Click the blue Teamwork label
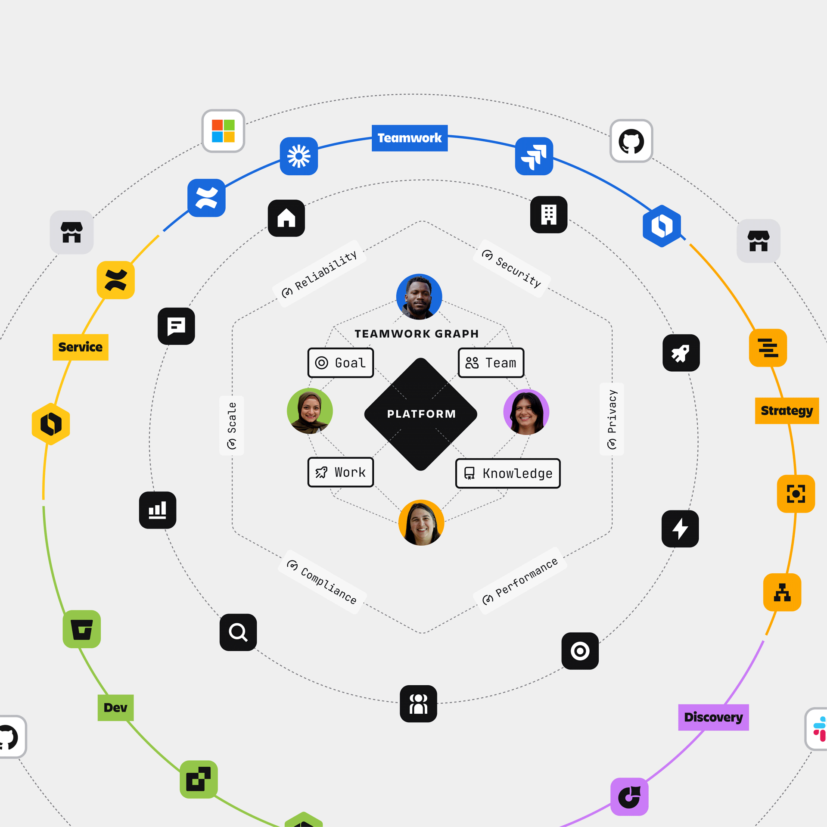409,138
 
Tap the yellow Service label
80,347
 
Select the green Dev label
115,707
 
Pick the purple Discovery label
713,717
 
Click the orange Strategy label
787,410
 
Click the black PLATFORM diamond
421,414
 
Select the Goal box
341,363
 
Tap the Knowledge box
508,473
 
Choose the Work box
341,472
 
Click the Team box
491,363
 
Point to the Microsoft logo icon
223,131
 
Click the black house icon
286,218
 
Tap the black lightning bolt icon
680,529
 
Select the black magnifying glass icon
238,632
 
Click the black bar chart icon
158,510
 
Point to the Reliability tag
320,274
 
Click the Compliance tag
322,582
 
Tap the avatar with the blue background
419,297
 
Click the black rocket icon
681,353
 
